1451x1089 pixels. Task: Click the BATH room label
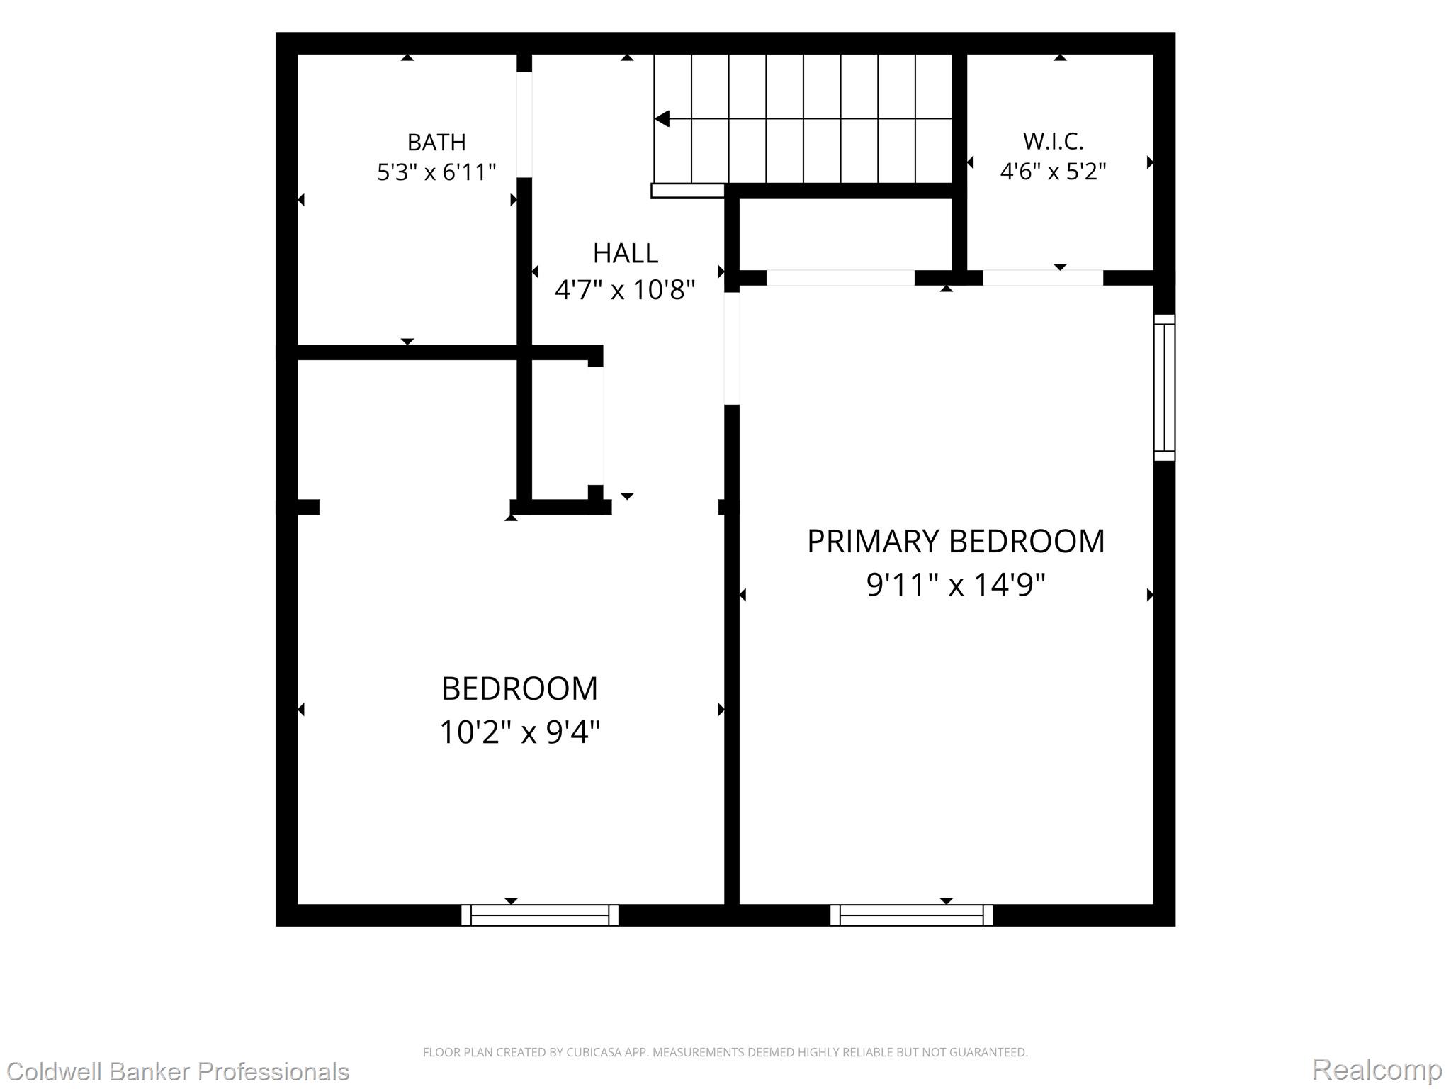point(436,143)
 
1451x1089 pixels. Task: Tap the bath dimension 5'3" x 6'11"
point(436,172)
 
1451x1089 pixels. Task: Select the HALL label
point(626,253)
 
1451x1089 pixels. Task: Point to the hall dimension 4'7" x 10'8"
point(625,290)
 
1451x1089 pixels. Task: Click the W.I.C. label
point(1053,142)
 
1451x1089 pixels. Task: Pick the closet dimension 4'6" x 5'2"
point(1053,172)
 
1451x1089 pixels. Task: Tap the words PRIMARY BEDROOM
point(956,542)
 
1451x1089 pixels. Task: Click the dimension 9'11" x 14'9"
point(956,586)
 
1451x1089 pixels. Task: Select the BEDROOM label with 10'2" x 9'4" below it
point(519,688)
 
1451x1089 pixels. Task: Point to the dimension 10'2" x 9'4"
point(519,732)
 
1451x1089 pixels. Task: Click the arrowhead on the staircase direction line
point(662,118)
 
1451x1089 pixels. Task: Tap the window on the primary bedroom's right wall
point(1164,388)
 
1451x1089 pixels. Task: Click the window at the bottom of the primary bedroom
point(911,915)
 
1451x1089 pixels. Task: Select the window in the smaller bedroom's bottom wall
point(540,915)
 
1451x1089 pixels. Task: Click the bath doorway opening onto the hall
point(524,125)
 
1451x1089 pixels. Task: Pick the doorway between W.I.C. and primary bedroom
point(1043,278)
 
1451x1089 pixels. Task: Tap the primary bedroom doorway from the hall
point(732,349)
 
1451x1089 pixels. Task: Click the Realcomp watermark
point(1377,1070)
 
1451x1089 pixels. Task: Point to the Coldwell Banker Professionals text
point(177,1071)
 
